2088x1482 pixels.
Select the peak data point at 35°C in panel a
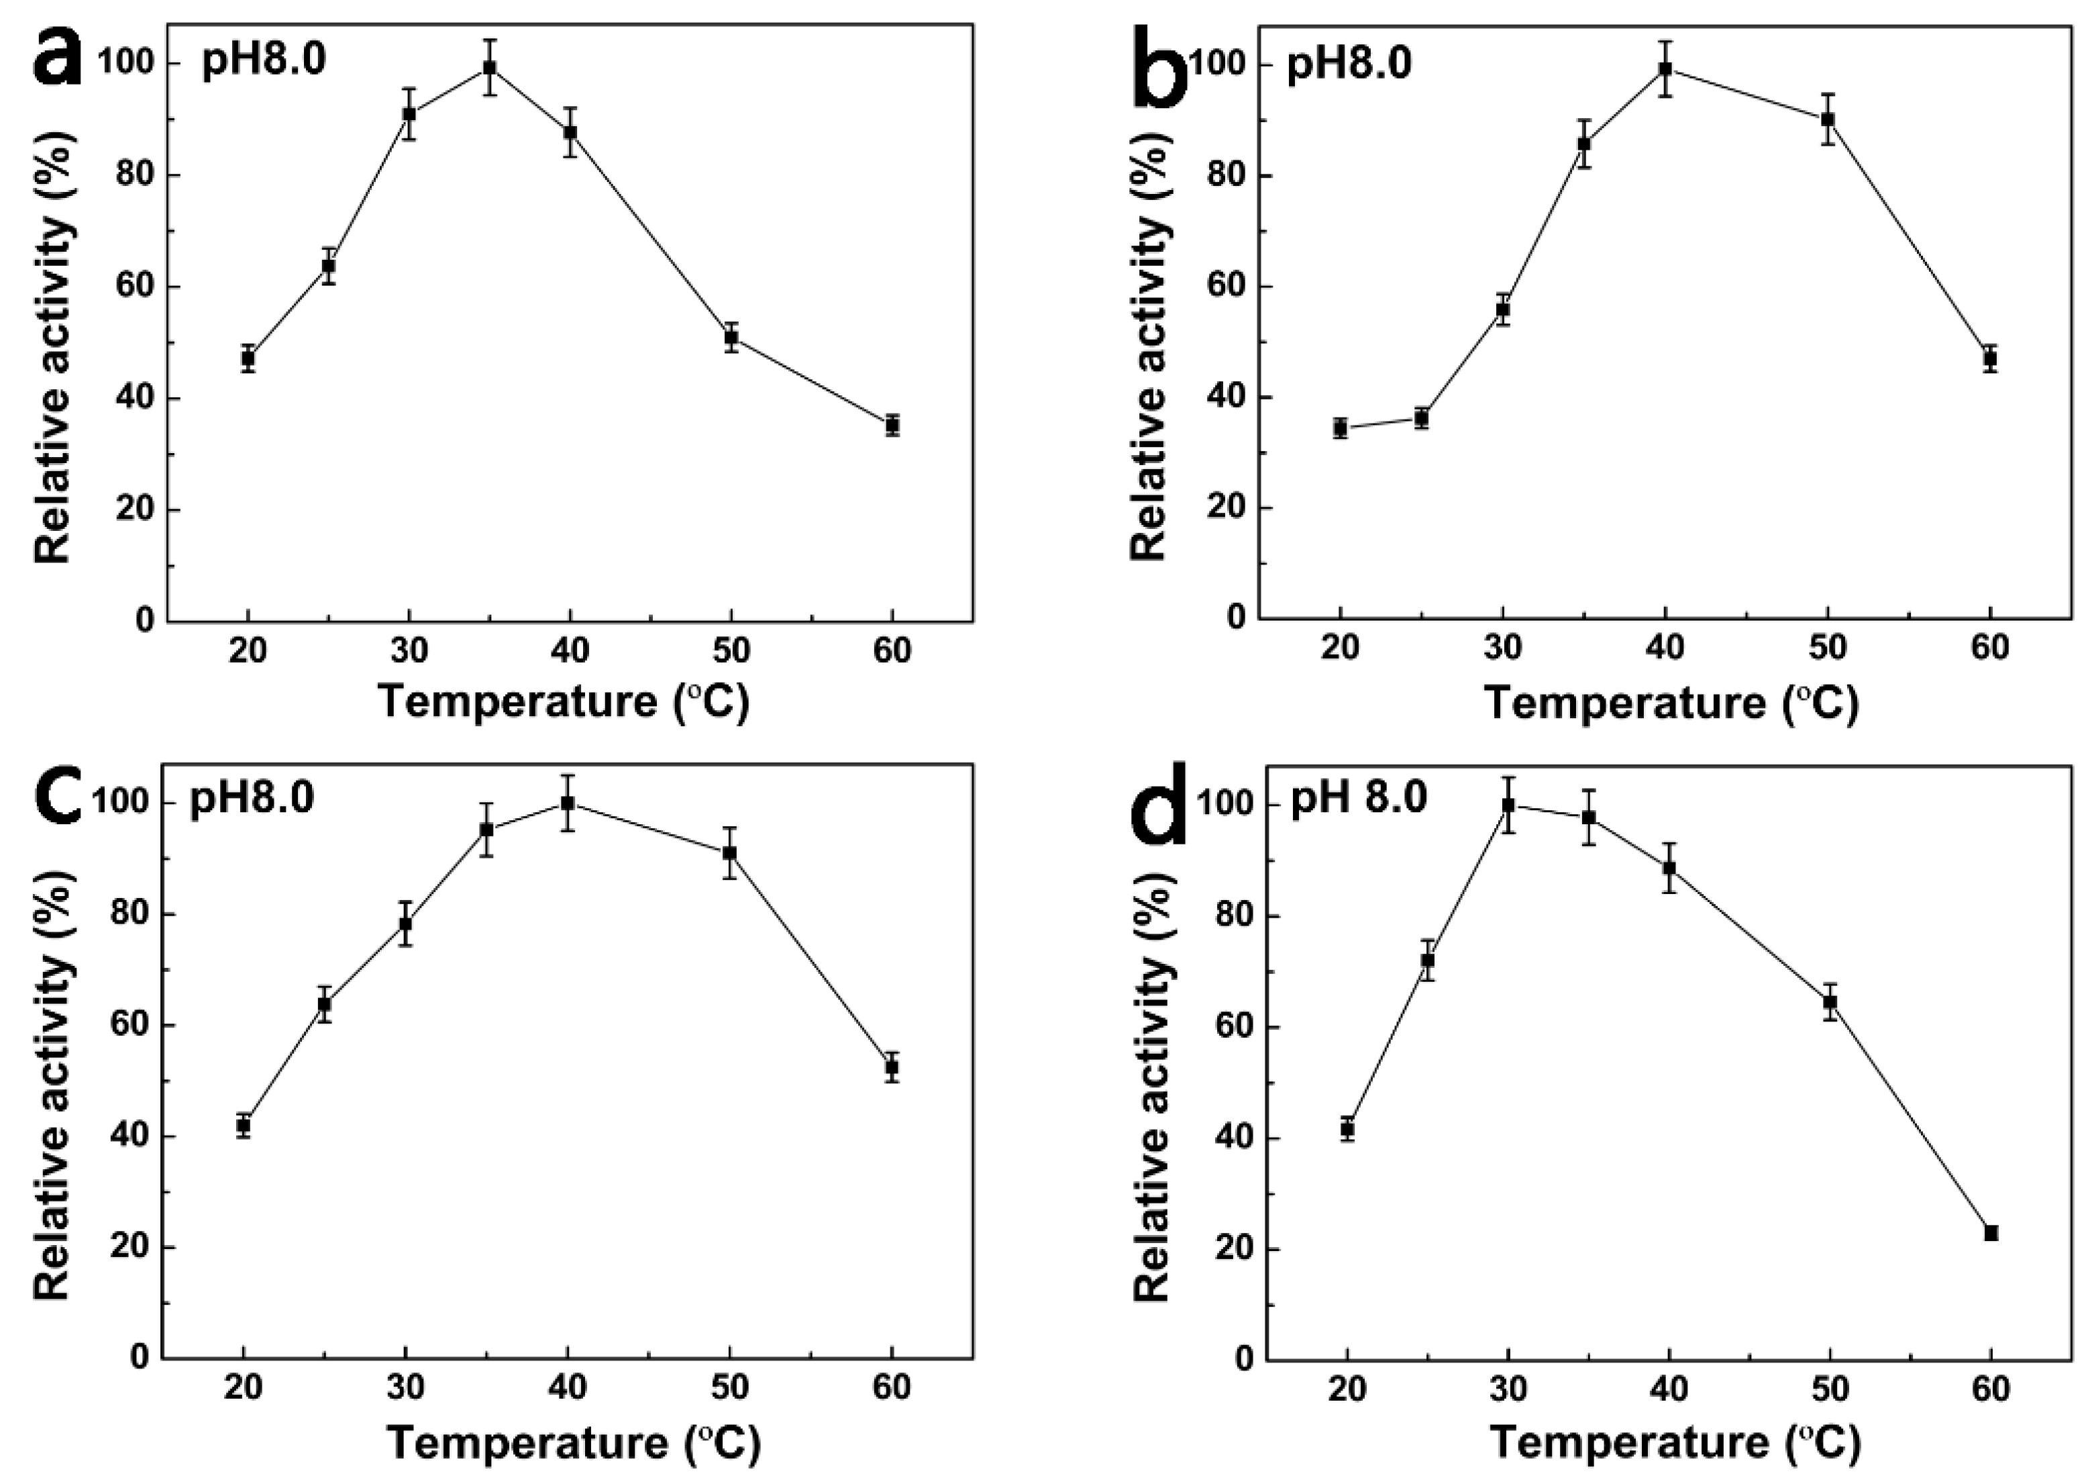pos(490,68)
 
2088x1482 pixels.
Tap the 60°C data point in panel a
pos(892,426)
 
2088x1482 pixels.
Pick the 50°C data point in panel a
pos(731,338)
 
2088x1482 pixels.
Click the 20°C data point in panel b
pos(1340,428)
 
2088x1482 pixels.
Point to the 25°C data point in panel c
pos(324,1005)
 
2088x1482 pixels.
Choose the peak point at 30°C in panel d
pos(1508,805)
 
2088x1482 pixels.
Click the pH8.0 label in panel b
pos(1349,66)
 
